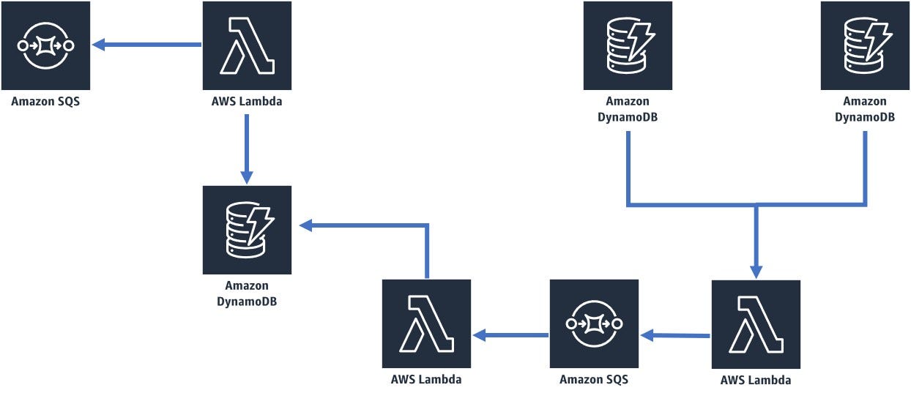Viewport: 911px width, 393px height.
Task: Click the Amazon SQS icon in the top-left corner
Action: click(45, 45)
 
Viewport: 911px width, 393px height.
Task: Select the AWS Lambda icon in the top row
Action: click(247, 45)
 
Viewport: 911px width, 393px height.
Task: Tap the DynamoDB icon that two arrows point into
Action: click(247, 229)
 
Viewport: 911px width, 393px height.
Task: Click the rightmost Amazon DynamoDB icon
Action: click(865, 45)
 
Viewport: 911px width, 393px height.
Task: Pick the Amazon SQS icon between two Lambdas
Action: click(594, 323)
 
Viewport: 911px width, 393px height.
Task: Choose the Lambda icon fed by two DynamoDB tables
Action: click(756, 323)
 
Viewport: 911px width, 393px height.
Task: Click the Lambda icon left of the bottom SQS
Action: click(426, 323)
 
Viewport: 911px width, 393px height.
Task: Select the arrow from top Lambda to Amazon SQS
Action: click(146, 45)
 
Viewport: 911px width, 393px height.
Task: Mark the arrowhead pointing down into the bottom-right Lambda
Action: click(756, 269)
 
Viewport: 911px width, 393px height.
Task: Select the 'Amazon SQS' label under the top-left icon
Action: click(45, 102)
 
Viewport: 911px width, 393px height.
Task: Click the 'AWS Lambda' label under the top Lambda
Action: click(247, 102)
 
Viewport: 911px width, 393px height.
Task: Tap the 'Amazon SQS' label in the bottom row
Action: click(594, 380)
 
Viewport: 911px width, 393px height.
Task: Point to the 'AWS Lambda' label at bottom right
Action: click(756, 380)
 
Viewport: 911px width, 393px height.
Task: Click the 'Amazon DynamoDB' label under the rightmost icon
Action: click(865, 109)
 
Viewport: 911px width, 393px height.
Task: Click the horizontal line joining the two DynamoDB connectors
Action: click(747, 206)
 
